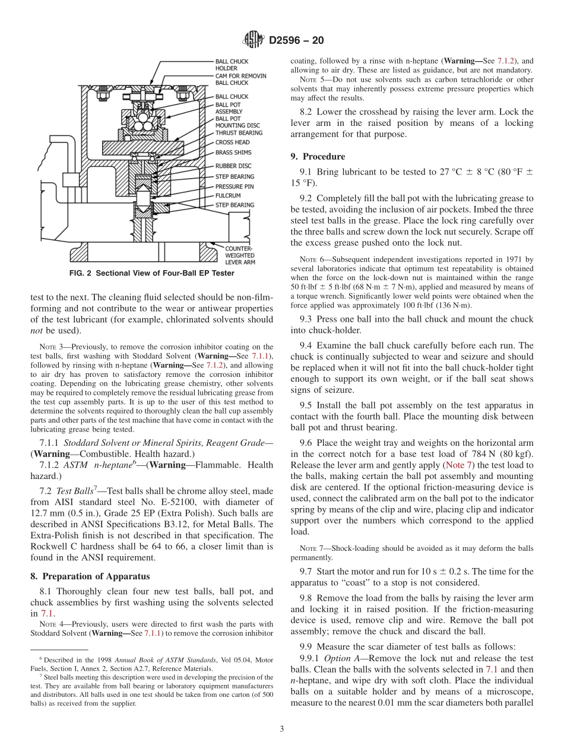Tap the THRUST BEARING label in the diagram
pos(238,133)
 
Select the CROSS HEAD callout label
pos(232,142)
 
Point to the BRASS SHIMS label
pos(234,153)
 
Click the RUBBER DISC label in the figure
pos(234,166)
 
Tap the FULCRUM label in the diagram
pos(228,195)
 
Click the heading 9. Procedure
pos(318,157)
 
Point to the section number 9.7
pos(307,571)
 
